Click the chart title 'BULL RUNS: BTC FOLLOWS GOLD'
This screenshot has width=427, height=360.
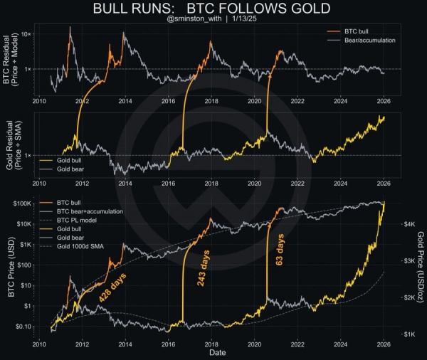coord(213,9)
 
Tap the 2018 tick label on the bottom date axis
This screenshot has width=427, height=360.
coord(211,344)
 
